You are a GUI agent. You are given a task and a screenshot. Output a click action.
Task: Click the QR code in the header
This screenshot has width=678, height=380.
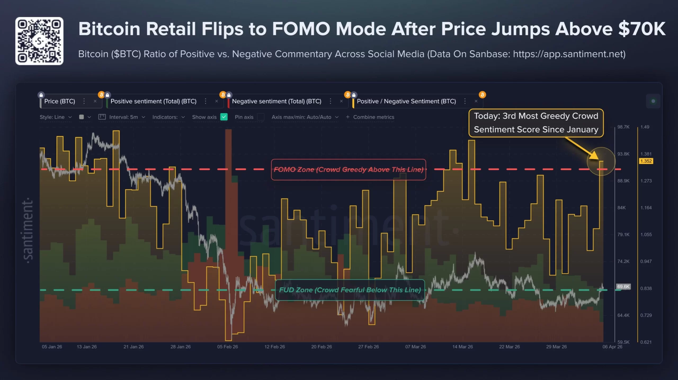[x=39, y=41]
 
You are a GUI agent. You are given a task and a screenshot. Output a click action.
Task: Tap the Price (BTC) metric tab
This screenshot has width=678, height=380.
[x=60, y=101]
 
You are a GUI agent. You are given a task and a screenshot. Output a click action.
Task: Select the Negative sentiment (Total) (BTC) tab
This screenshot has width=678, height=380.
[x=276, y=101]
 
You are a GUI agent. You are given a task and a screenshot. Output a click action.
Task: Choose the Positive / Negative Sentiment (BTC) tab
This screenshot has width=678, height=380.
[x=406, y=101]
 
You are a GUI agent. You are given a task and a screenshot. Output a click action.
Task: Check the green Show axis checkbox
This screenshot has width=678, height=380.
[x=224, y=117]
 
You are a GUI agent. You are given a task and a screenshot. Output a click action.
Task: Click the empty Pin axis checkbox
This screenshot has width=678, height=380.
[x=261, y=117]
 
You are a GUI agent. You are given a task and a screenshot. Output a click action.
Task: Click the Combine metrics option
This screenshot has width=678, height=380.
[x=370, y=117]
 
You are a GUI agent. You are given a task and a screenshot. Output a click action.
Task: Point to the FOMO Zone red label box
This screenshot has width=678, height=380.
[x=348, y=170]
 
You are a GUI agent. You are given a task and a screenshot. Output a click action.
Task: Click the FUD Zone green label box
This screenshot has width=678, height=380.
[x=350, y=290]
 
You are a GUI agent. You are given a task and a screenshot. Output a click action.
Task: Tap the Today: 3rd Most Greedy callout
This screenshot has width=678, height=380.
[x=536, y=123]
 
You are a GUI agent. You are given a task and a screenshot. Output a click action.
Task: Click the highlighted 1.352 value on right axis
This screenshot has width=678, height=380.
[x=646, y=161]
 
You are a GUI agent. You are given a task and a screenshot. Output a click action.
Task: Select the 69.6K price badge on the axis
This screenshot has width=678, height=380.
[x=623, y=287]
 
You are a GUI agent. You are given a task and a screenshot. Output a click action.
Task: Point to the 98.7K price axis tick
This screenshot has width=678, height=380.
[x=623, y=127]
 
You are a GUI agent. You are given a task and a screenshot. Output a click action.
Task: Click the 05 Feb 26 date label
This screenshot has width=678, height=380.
[x=228, y=347]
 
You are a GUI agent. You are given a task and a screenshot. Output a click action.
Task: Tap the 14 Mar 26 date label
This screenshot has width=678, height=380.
[x=462, y=347]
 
